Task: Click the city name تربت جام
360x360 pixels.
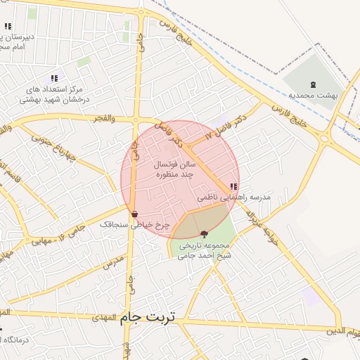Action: [150, 317]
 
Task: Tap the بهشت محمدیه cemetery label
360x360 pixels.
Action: [313, 95]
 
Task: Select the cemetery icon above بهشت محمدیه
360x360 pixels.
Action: [313, 84]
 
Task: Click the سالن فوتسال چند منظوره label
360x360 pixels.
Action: [176, 168]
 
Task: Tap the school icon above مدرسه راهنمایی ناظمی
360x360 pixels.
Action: [233, 187]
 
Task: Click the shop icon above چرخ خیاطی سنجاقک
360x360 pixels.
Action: [134, 214]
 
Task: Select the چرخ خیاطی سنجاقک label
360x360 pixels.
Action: [125, 224]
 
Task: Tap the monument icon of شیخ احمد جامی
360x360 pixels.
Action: [204, 234]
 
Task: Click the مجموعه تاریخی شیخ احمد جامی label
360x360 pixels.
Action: [205, 251]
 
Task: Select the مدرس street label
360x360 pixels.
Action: [112, 263]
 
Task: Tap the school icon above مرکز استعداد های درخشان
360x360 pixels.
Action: [54, 78]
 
